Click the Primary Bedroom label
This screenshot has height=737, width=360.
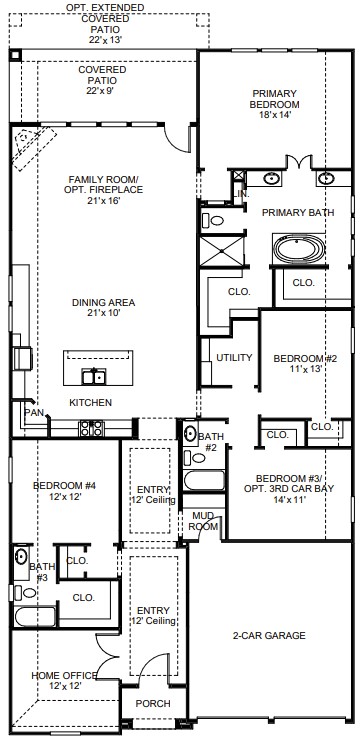pos(274,99)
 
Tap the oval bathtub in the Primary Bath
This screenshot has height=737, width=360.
pos(299,249)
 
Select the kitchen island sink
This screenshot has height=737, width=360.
pos(94,377)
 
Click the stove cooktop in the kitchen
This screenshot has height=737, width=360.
pos(91,428)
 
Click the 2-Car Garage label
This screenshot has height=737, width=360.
pos(269,635)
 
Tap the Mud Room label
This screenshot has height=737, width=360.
pos(203,521)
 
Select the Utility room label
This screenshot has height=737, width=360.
pos(234,358)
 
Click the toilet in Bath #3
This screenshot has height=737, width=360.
pos(25,593)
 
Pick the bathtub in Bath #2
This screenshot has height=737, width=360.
pos(204,480)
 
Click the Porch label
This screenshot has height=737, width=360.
pos(153,704)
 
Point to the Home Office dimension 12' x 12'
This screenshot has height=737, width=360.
pos(65,686)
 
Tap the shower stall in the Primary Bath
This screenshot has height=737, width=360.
pos(222,252)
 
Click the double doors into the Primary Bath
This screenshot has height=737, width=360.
pos(299,161)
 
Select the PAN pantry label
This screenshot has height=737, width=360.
pos(34,413)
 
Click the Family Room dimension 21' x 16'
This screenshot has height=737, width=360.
pos(105,201)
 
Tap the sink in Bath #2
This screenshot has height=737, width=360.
pos(190,433)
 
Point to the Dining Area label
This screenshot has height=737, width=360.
pos(103,302)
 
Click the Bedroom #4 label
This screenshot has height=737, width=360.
pos(64,486)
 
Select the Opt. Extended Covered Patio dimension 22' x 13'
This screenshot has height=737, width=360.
pos(105,40)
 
